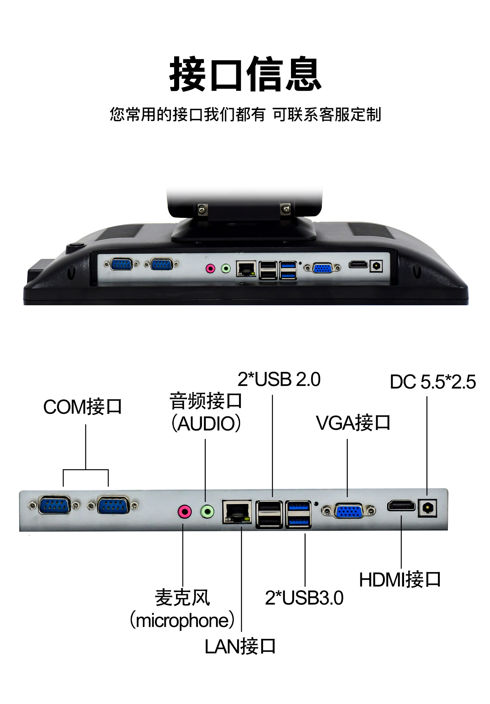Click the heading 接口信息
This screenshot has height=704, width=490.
pyautogui.click(x=245, y=74)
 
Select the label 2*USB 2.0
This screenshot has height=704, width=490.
pyautogui.click(x=279, y=380)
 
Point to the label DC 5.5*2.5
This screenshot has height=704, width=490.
pyautogui.click(x=432, y=382)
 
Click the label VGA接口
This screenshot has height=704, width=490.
pyautogui.click(x=353, y=423)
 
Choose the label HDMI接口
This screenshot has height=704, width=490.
pyautogui.click(x=400, y=580)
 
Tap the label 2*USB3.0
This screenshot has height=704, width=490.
pyautogui.click(x=304, y=598)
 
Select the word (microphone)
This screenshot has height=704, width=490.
pyautogui.click(x=182, y=621)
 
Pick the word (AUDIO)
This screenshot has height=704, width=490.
pyautogui.click(x=206, y=424)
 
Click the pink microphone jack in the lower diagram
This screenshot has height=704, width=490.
pyautogui.click(x=184, y=512)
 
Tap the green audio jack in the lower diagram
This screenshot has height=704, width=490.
pyautogui.click(x=207, y=511)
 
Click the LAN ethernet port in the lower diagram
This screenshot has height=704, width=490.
pyautogui.click(x=237, y=512)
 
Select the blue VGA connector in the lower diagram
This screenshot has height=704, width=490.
pyautogui.click(x=349, y=511)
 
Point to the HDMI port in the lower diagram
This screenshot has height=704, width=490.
pyautogui.click(x=401, y=506)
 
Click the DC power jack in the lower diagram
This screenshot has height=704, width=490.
pyautogui.click(x=427, y=508)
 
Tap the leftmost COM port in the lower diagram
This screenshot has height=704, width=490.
pyautogui.click(x=54, y=505)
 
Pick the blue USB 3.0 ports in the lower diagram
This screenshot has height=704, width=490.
pyautogui.click(x=298, y=514)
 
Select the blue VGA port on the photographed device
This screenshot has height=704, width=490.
pyautogui.click(x=323, y=268)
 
